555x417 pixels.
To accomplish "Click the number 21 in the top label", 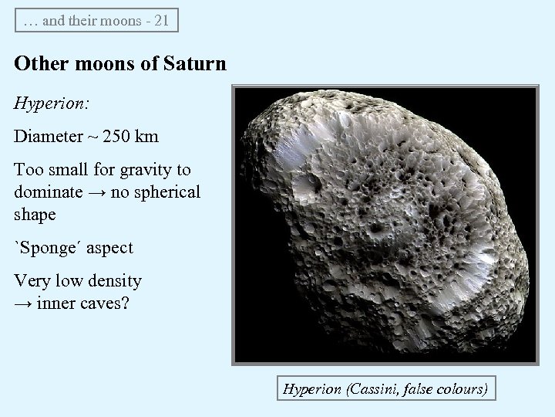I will pos(161,21).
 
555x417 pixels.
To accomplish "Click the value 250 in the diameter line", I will pos(117,137).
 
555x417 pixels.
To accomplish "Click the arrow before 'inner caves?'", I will pos(22,303).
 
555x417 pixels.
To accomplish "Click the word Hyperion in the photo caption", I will pos(312,389).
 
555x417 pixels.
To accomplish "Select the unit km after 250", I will pos(147,137).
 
